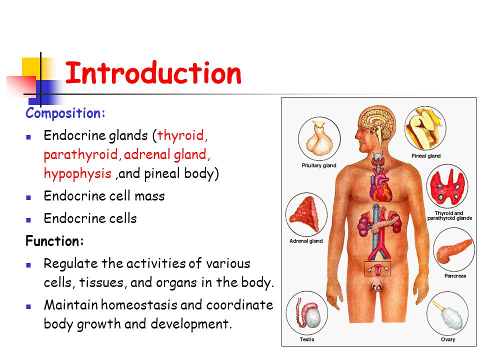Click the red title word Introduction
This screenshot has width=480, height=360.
[x=153, y=73]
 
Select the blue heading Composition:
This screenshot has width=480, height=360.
[x=65, y=113]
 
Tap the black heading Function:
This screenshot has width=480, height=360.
[x=55, y=241]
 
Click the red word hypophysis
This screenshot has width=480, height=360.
[x=78, y=173]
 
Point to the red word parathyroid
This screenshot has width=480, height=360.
[x=81, y=154]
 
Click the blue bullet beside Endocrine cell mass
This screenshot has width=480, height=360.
[x=28, y=197]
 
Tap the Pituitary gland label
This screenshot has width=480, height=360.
[x=319, y=165]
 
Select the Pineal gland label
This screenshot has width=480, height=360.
[x=426, y=156]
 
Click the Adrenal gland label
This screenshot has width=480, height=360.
[x=306, y=241]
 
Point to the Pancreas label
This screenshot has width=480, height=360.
[x=455, y=276]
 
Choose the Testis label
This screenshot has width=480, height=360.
[x=307, y=339]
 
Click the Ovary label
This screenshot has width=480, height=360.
[x=448, y=339]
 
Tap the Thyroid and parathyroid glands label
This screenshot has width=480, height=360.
[x=449, y=215]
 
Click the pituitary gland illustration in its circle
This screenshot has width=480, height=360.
[x=319, y=137]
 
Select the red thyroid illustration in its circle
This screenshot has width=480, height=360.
[x=447, y=186]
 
